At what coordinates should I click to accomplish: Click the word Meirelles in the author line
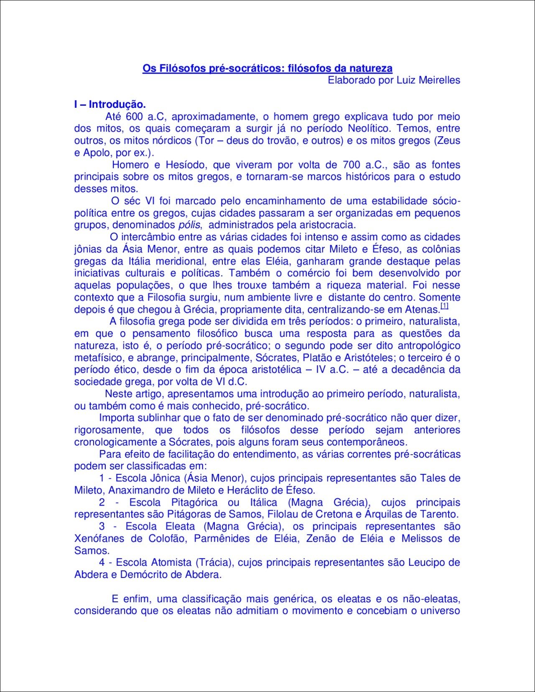tap(439, 80)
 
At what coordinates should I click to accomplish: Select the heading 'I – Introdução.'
tap(110, 104)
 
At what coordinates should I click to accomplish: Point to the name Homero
tap(131, 165)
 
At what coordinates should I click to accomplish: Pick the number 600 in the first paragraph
tap(135, 117)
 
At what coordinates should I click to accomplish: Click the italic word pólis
tap(190, 225)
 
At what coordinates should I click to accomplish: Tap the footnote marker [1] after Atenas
tap(444, 306)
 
